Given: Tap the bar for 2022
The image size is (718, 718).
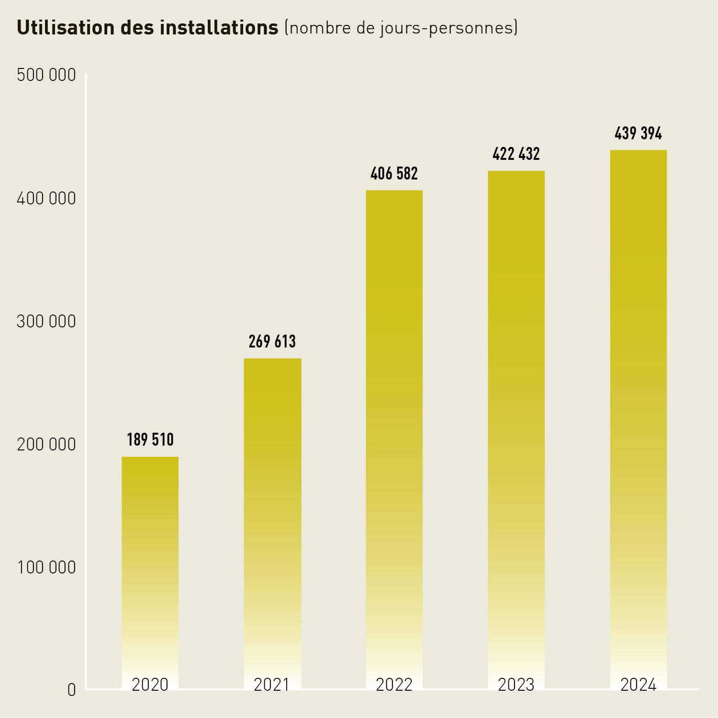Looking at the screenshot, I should click(394, 431).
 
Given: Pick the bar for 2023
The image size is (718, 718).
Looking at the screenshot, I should click(516, 421).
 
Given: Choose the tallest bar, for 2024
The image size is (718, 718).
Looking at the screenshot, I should click(638, 412).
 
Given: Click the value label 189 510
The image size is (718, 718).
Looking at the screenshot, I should click(150, 439).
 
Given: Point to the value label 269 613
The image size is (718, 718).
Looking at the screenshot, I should click(272, 341).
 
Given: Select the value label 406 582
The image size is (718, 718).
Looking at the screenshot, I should click(394, 173).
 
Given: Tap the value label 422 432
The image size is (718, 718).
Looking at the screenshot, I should click(516, 154).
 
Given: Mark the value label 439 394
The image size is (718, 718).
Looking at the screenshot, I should click(638, 133).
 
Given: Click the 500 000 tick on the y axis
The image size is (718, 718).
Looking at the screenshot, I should click(46, 75).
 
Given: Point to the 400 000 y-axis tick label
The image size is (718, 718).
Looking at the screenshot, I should click(46, 198).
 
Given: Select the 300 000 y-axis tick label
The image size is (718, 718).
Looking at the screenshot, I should click(46, 321).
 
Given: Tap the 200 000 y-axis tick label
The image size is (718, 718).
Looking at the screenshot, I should click(46, 444).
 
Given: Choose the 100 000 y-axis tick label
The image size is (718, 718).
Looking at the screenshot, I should click(46, 567).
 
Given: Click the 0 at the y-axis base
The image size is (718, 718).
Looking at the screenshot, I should click(71, 690).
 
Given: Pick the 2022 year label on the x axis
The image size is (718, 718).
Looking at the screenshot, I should click(394, 684).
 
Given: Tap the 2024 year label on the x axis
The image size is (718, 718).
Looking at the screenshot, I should click(638, 684).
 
